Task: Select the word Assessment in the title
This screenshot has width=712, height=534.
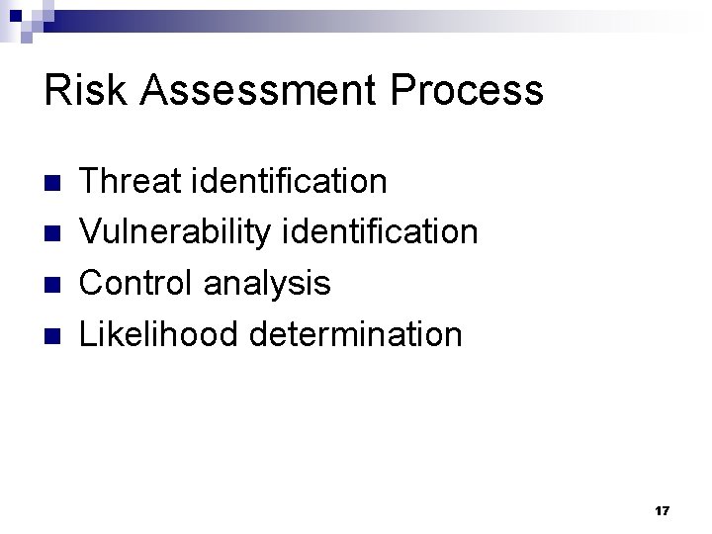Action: [252, 91]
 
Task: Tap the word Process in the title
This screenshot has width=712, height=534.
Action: [468, 91]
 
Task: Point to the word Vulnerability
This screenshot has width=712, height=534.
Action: [159, 232]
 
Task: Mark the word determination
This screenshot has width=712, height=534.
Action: [356, 334]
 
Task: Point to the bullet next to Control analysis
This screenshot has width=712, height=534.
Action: [53, 285]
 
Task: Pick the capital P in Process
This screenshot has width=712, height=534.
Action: [405, 91]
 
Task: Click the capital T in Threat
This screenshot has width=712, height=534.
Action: [89, 181]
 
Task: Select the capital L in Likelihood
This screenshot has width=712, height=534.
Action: [87, 334]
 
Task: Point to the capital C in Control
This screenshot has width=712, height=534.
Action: [91, 284]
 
